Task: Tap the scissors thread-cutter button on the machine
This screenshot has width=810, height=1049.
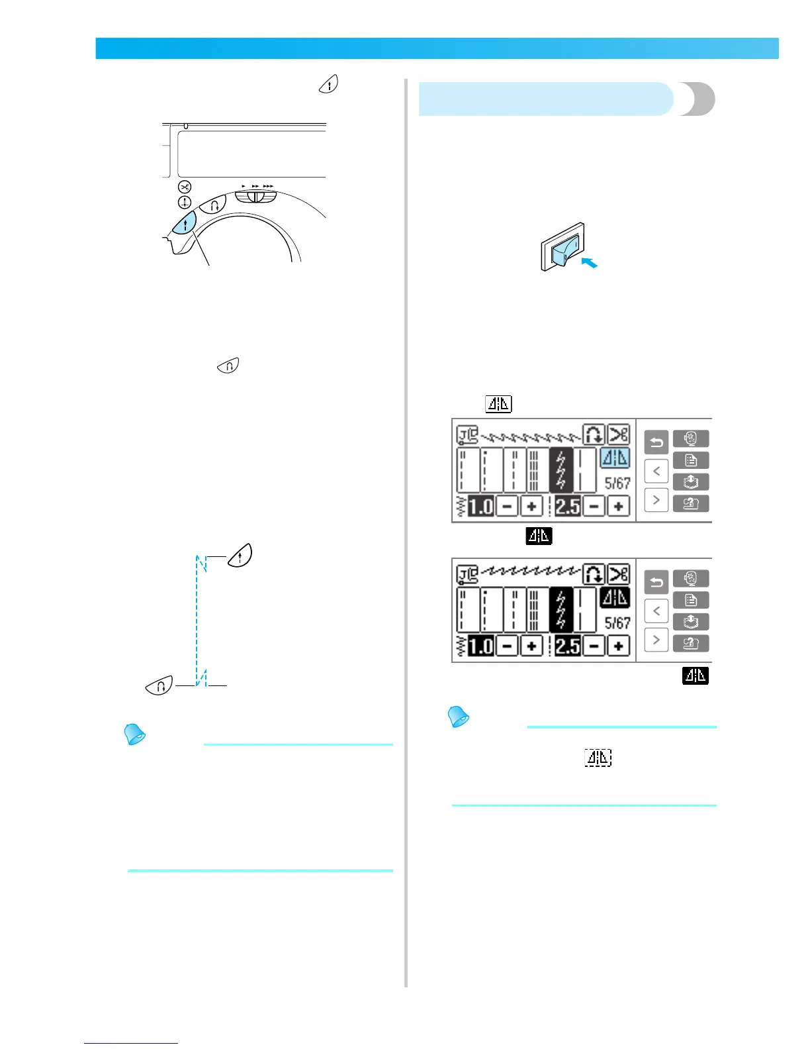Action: coord(185,187)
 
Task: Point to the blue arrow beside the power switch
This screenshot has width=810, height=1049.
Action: coord(589,263)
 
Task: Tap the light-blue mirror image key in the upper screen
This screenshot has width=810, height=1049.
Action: coord(615,458)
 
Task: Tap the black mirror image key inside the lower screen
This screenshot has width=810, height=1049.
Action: coord(615,597)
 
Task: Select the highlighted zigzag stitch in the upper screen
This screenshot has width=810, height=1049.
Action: coord(561,470)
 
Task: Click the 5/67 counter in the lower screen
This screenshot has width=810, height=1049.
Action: coord(617,623)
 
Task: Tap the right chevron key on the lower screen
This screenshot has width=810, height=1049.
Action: coord(656,639)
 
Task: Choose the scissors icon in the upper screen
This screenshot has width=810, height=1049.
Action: coord(619,434)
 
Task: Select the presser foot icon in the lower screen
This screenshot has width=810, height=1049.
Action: coord(468,575)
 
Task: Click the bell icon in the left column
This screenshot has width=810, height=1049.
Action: coord(136,734)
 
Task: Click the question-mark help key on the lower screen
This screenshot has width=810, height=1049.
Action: coord(691,643)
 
